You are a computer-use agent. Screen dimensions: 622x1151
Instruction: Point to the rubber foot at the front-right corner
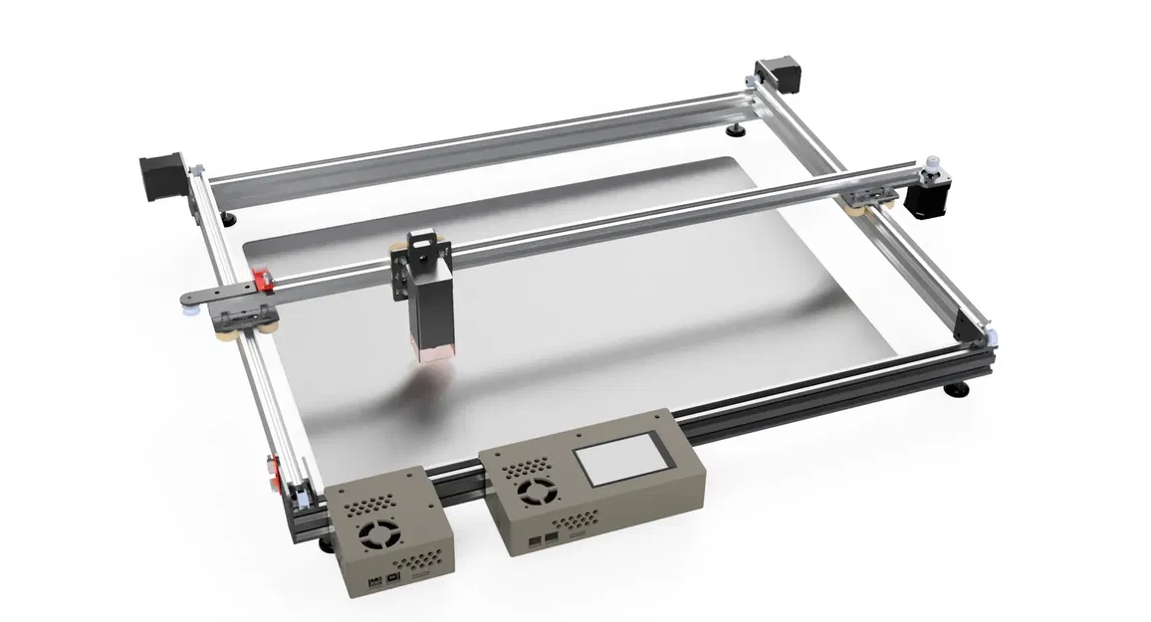pos(958,390)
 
